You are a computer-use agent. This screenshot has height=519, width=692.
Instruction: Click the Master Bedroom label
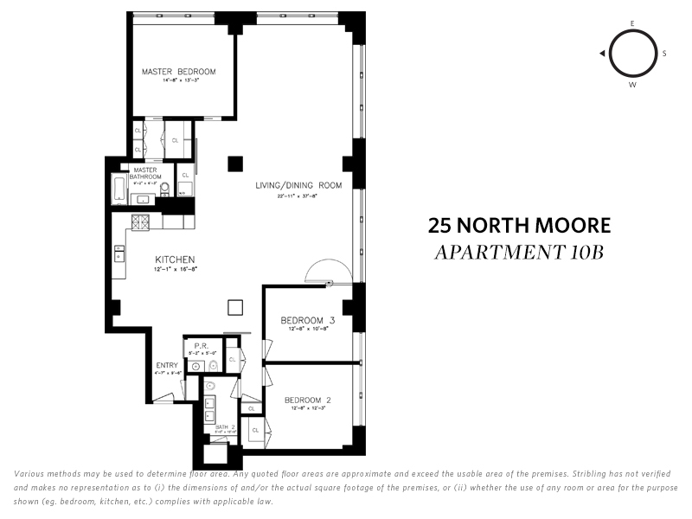pyautogui.click(x=178, y=71)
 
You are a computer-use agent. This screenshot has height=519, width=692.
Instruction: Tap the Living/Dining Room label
pyautogui.click(x=298, y=185)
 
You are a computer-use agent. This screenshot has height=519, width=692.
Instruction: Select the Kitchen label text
pyautogui.click(x=174, y=259)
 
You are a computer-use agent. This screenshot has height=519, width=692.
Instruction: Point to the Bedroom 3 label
pyautogui.click(x=307, y=321)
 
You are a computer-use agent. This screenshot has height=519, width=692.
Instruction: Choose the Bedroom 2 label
pyautogui.click(x=307, y=400)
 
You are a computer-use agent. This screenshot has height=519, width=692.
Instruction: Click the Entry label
pyautogui.click(x=167, y=365)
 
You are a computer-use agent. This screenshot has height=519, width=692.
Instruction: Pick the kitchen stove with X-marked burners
pyautogui.click(x=139, y=222)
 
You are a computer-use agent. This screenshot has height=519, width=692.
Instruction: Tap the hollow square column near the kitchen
pyautogui.click(x=234, y=307)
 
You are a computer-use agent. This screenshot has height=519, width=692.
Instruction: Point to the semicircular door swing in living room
pyautogui.click(x=329, y=270)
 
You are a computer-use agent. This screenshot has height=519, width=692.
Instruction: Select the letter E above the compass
pyautogui.click(x=632, y=23)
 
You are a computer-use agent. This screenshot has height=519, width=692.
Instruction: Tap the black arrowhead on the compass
pyautogui.click(x=601, y=54)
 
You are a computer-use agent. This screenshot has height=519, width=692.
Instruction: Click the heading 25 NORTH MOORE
pyautogui.click(x=519, y=226)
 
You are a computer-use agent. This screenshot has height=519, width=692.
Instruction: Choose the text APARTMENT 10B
pyautogui.click(x=519, y=253)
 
